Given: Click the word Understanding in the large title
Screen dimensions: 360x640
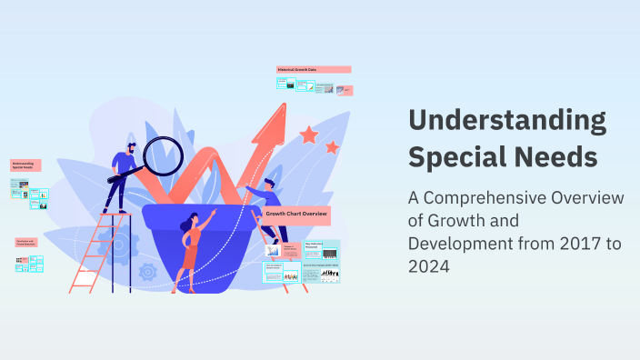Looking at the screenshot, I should coord(507,121).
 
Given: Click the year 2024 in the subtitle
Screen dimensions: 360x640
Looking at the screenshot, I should coord(430,268).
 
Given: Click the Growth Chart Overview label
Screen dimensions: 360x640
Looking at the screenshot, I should coord(296,214).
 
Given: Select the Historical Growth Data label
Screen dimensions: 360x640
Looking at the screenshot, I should coord(313,69).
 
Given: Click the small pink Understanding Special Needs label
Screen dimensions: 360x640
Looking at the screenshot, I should coord(27,165).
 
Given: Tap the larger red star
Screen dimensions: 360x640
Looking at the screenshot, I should coord(309,135).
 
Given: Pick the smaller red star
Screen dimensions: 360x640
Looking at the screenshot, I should coord(332,146).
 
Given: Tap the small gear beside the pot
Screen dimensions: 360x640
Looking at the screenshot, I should coord(147,271).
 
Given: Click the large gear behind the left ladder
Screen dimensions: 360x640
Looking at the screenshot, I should coord(116,244).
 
